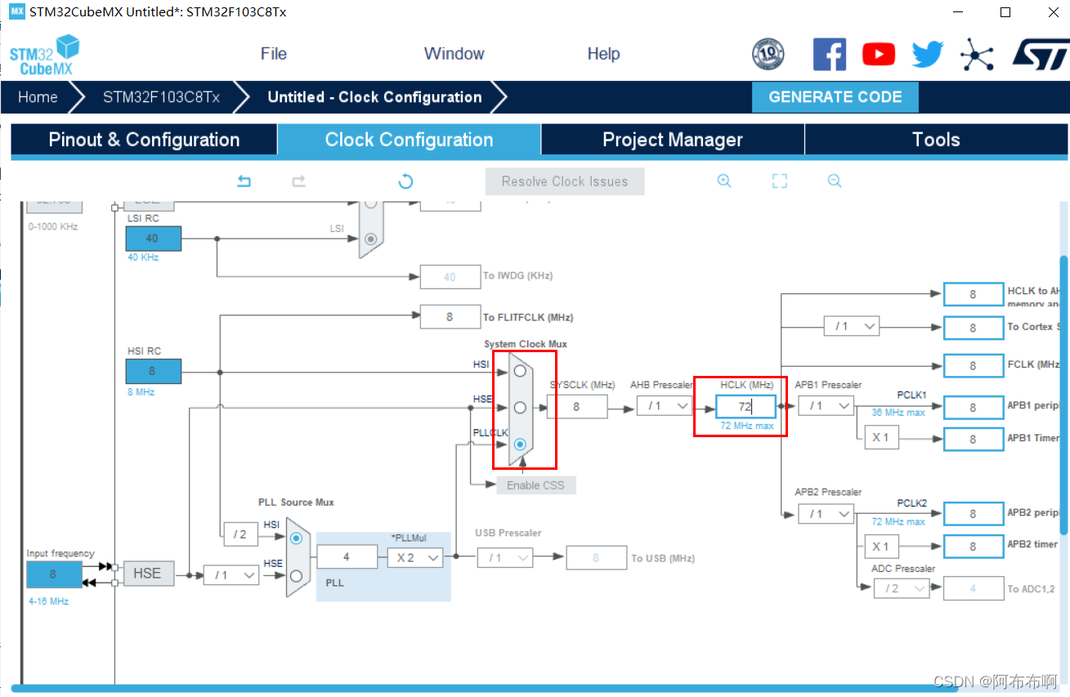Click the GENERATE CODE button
point(835,97)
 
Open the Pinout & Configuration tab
point(144,140)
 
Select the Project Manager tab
point(672,140)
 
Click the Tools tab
point(935,140)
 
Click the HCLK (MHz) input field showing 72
point(745,406)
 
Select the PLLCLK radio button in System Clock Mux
point(520,444)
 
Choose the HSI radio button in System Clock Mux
point(520,371)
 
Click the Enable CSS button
point(535,485)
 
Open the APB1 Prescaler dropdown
point(826,406)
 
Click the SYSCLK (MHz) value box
point(576,406)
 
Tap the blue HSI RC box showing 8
point(153,371)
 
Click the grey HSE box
point(148,574)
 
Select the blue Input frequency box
point(54,574)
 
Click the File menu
point(274,54)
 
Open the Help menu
point(603,54)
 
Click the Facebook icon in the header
point(829,55)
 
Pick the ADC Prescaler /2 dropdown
point(902,588)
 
